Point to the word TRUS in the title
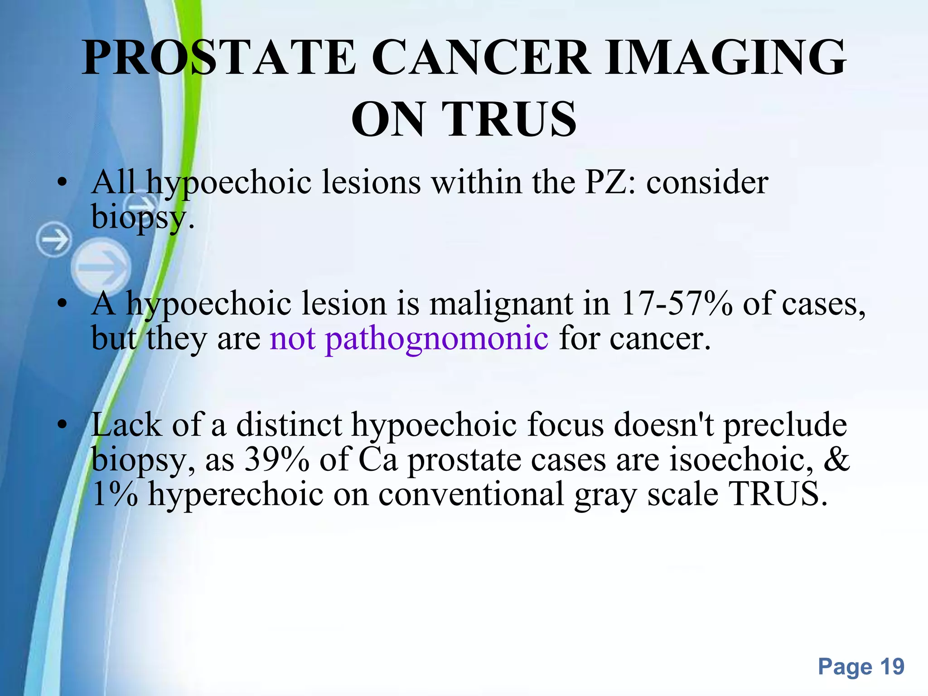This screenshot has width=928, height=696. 512,119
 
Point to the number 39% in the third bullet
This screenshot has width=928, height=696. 277,459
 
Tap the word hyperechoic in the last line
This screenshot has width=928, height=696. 236,494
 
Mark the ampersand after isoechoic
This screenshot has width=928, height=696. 836,459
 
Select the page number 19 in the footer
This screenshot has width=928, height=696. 892,667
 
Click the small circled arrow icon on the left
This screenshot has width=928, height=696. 54,240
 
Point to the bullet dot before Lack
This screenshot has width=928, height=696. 63,425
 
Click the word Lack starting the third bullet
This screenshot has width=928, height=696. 126,425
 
